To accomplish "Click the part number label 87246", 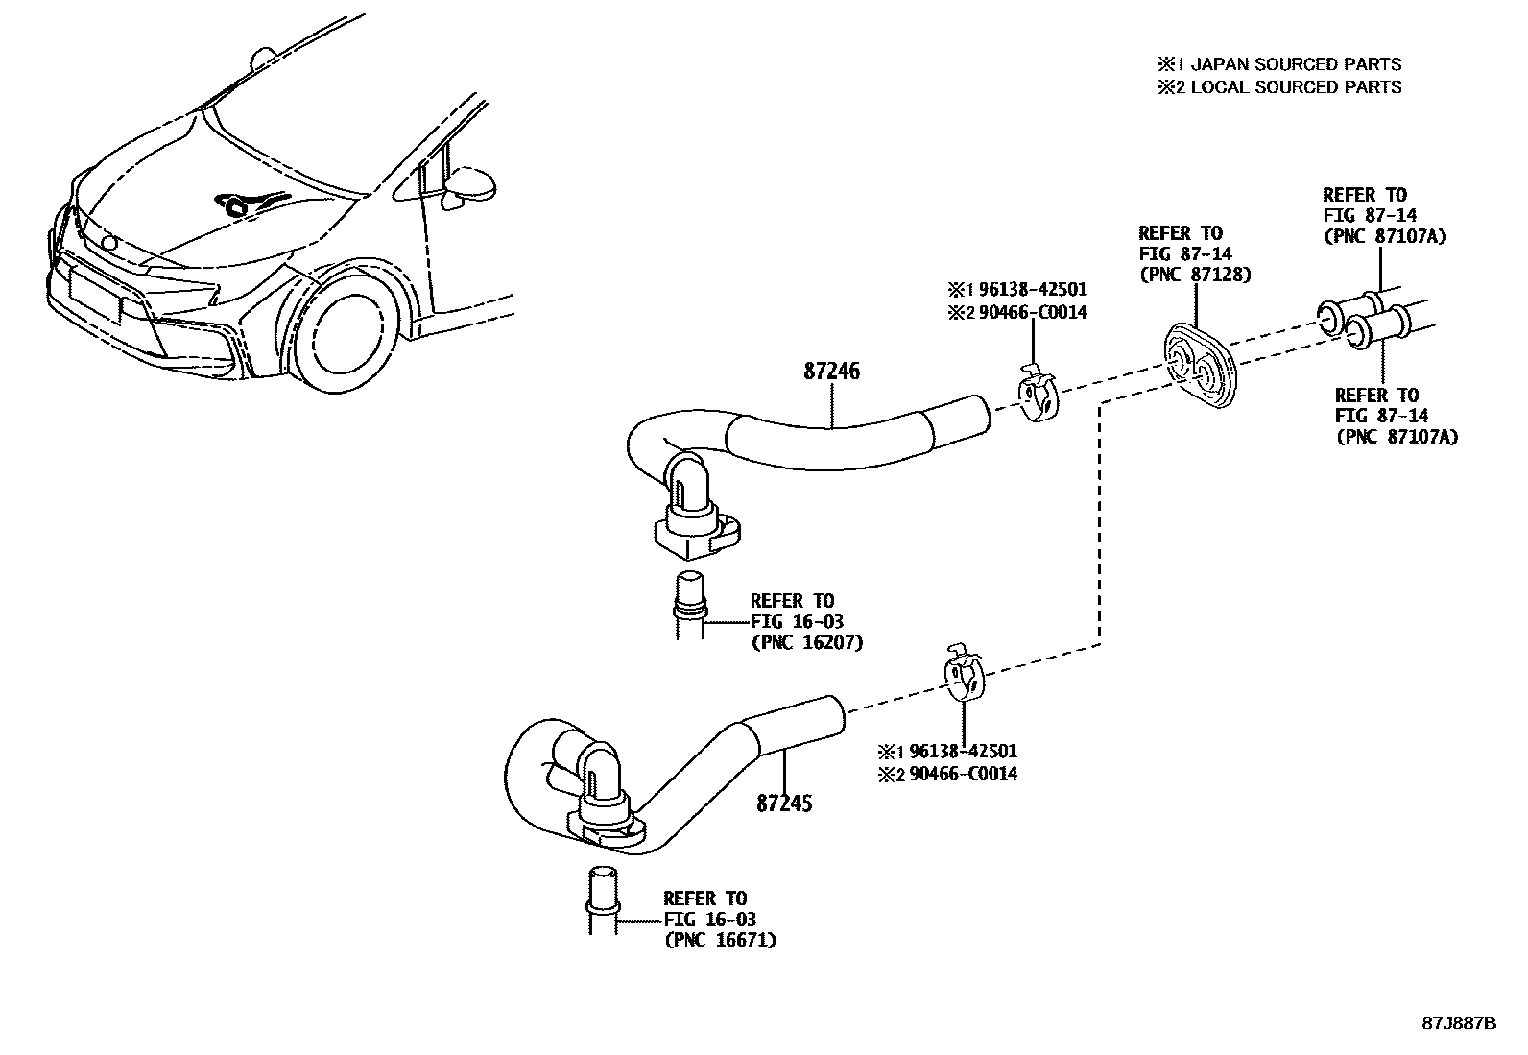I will [x=831, y=372].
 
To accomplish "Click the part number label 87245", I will [x=783, y=803].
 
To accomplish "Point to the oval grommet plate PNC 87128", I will [x=1201, y=368].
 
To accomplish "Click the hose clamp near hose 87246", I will [x=1037, y=394].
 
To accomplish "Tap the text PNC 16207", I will [x=806, y=643].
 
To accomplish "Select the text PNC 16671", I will [x=719, y=941].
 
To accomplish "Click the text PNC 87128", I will [x=1195, y=276].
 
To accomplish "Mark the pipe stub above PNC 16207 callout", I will [x=690, y=602].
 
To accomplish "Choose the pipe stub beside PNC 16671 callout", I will [x=602, y=898].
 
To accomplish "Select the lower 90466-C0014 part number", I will [x=958, y=774].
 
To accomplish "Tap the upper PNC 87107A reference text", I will [x=1384, y=236].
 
